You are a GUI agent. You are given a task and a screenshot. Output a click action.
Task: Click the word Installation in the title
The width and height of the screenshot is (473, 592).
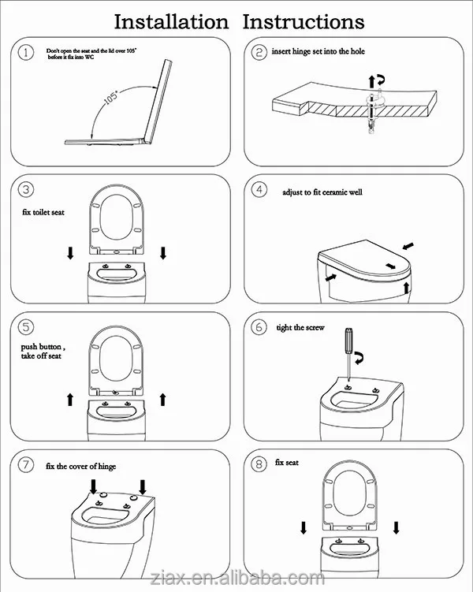pos(171,22)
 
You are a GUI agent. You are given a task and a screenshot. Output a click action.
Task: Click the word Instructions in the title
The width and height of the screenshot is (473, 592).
pos(304,22)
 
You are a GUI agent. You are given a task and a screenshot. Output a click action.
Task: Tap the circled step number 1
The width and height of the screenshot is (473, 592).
pos(26,52)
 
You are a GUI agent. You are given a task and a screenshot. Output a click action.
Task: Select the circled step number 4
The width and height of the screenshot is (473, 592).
pos(259,189)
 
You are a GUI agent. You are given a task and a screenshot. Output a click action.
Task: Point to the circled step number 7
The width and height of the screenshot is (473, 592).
pos(26,464)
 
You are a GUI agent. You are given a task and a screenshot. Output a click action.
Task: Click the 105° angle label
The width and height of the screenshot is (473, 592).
pos(111,97)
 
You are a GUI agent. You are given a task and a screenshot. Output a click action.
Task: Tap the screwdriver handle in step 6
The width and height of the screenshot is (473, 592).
pos(348,341)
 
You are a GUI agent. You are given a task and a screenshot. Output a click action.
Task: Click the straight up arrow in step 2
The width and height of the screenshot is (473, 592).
pos(372,81)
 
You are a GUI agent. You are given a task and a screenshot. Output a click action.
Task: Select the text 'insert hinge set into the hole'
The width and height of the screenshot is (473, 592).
pos(318,51)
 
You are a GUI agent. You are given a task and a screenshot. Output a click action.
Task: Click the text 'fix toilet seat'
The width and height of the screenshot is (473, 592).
pos(43,212)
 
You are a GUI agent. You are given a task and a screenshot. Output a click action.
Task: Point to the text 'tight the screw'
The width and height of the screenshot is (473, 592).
pos(300,328)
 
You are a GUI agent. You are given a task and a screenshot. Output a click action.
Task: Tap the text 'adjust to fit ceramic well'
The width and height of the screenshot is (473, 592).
pos(322,192)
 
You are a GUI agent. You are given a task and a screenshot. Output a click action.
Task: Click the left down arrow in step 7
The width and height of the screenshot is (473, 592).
pos(93,486)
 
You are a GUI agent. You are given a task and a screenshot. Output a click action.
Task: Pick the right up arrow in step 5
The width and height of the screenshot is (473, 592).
pos(162,400)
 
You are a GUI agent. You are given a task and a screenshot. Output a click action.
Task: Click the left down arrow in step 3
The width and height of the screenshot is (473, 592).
pos(70,253)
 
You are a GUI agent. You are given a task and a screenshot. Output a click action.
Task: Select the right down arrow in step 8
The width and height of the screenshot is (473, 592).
pos(396,527)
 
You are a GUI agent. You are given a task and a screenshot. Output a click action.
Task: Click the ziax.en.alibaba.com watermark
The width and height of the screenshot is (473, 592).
pos(237,578)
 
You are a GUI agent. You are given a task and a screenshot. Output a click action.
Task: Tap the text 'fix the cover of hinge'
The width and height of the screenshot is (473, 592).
pos(80,467)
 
